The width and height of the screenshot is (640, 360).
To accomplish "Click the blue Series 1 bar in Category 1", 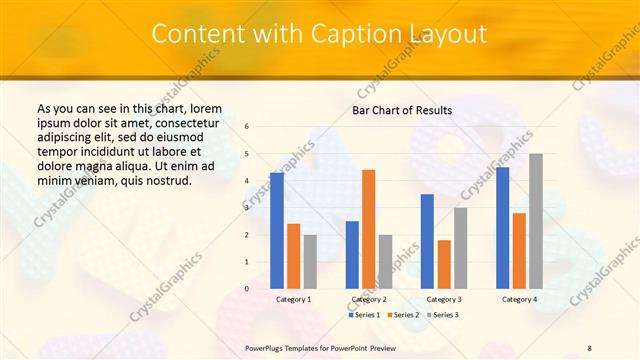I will coord(277,231).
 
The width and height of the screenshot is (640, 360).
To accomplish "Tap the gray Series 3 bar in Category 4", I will coord(536,221).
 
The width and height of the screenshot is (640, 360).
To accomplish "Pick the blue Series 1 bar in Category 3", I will coord(427,241).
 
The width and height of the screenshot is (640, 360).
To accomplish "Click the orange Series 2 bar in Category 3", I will coord(444,264).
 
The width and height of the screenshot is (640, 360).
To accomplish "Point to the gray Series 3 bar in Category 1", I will coord(310,262).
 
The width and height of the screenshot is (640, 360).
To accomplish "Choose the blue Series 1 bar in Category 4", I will coord(502,228).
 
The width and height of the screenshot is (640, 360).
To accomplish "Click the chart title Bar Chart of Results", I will coord(402,110).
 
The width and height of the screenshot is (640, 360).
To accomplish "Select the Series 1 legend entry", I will coord(365,315).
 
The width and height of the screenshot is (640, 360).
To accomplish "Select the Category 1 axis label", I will coord(293,300).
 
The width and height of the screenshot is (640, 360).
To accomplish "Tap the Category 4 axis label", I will coord(519,300).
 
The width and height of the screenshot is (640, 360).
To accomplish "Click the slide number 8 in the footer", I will coord(589,348).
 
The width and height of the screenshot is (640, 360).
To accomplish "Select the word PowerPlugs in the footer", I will coord(268,348).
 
